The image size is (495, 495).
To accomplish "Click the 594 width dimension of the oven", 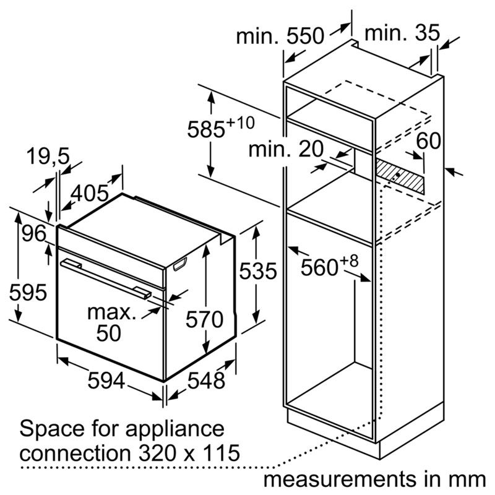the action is click(106, 380).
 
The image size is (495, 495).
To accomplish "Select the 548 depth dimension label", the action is click(206, 380).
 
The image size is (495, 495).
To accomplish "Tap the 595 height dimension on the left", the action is click(28, 292).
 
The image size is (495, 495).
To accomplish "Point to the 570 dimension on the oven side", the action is click(204, 319).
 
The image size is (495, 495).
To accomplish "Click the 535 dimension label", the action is click(258, 271).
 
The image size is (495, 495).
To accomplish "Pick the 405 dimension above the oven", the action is click(89, 193).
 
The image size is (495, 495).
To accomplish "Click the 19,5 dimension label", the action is click(48, 156).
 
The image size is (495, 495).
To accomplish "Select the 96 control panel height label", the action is click(34, 234).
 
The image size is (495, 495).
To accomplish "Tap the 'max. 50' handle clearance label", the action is click(111, 322).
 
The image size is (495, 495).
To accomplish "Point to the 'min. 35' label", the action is click(402, 33).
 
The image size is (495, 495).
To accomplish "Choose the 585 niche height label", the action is click(221, 127).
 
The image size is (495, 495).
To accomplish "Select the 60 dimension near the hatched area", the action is click(428, 140).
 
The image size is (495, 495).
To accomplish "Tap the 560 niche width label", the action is click(329, 265).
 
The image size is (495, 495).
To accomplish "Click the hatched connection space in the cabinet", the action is click(400, 176).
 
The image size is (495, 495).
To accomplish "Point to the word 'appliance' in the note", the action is click(175, 429).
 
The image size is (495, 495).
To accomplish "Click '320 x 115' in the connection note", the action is click(189, 453).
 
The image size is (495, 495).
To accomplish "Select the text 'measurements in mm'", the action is click(374, 479).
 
